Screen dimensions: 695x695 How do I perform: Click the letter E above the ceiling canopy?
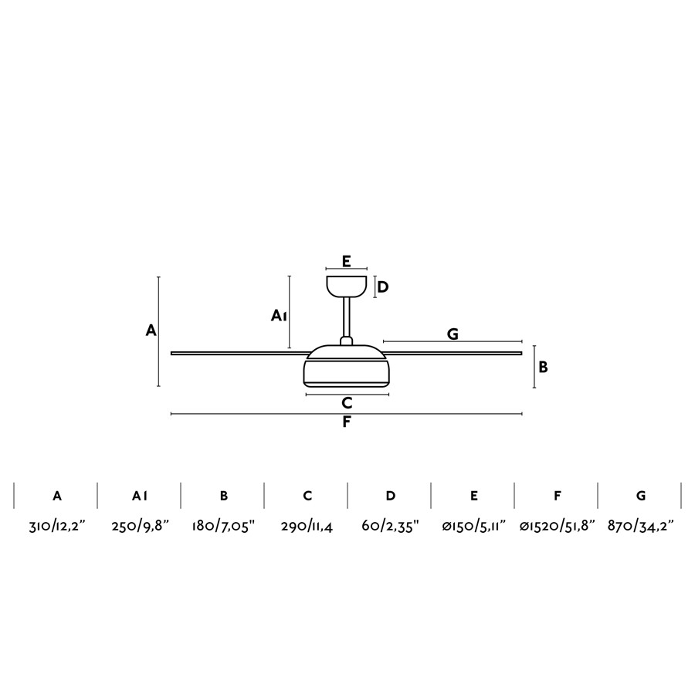click(x=347, y=262)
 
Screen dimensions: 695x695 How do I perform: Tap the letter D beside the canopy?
click(x=382, y=287)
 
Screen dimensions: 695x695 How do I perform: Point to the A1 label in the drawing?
click(x=279, y=316)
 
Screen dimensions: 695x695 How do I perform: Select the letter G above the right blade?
click(x=453, y=334)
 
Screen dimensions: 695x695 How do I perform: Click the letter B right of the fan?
click(x=543, y=367)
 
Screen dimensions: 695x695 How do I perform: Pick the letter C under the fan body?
click(x=347, y=403)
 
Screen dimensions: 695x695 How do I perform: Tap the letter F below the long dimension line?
click(x=347, y=422)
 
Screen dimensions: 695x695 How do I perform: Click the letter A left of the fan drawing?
click(x=151, y=331)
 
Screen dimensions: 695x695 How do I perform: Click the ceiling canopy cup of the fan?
click(x=347, y=286)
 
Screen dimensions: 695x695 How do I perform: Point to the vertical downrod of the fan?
click(x=347, y=317)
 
